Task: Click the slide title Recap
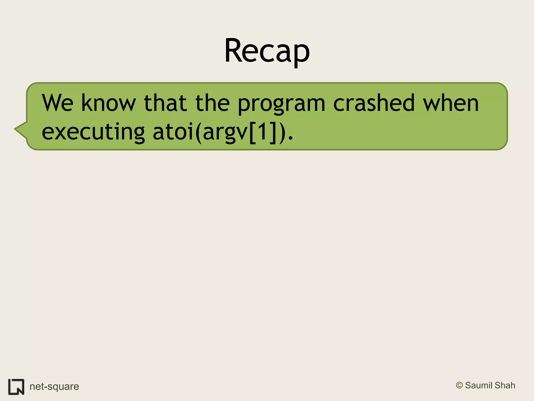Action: click(267, 51)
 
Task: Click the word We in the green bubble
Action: click(58, 103)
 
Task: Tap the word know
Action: click(108, 103)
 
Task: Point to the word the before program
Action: click(213, 103)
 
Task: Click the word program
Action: click(281, 104)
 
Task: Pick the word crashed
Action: click(374, 103)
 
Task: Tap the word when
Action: click(451, 103)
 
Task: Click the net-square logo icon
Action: click(16, 387)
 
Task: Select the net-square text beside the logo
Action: click(54, 387)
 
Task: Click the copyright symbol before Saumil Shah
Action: click(459, 385)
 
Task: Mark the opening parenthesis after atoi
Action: click(198, 132)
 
